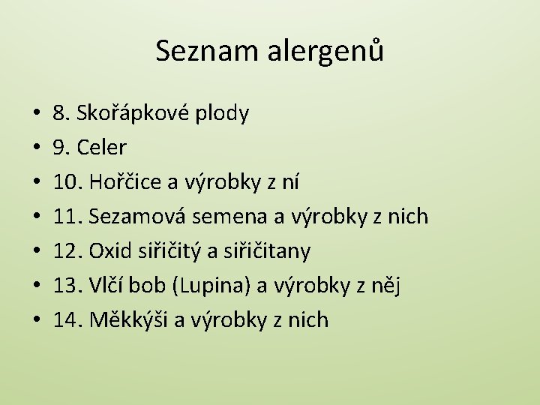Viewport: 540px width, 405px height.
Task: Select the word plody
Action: click(223, 114)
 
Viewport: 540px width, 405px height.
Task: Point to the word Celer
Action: click(100, 148)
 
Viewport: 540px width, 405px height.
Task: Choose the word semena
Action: click(232, 217)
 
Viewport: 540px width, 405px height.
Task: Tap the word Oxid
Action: click(109, 251)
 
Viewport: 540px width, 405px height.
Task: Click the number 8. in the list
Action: click(59, 114)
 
